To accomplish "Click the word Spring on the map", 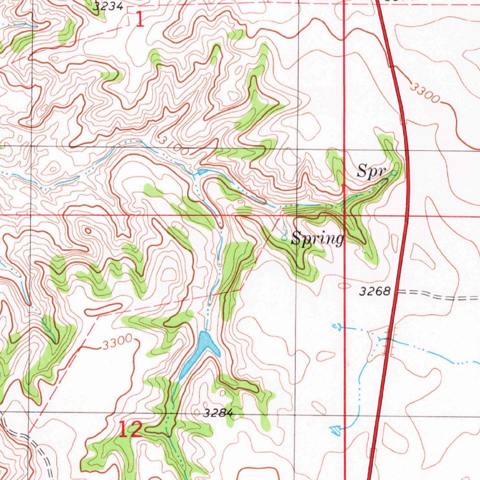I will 317,239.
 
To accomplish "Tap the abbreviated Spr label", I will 371,171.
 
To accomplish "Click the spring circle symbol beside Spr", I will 394,173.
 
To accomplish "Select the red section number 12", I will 130,429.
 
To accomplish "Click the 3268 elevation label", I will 375,292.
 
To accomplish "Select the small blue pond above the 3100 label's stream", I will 202,172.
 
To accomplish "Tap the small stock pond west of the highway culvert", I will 336,326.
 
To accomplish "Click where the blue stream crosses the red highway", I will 386,340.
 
